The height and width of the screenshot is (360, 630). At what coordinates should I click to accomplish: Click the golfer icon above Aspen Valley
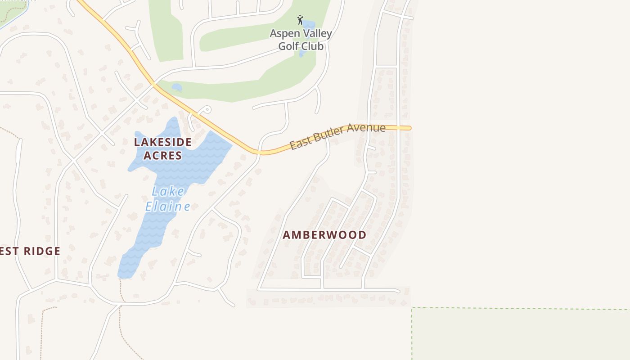(x=300, y=20)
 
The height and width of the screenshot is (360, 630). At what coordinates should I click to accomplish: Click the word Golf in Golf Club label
(x=288, y=46)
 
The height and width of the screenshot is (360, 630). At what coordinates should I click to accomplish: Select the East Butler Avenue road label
(x=337, y=137)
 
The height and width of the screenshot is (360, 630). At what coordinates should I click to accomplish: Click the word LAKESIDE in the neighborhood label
(x=163, y=142)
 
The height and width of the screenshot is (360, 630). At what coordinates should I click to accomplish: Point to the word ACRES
(x=163, y=156)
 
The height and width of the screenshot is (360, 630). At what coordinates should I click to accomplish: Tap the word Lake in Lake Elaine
(x=168, y=191)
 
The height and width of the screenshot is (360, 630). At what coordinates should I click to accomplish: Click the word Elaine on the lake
(x=168, y=207)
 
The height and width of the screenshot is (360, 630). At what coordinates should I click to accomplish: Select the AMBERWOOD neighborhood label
(x=324, y=235)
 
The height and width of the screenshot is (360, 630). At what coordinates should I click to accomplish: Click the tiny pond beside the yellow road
(x=177, y=87)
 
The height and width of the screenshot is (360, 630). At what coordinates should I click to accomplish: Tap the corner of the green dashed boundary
(x=412, y=308)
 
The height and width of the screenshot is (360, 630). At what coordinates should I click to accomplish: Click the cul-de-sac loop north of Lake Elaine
(x=207, y=109)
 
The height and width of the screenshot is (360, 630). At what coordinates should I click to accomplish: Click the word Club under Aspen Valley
(x=312, y=46)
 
